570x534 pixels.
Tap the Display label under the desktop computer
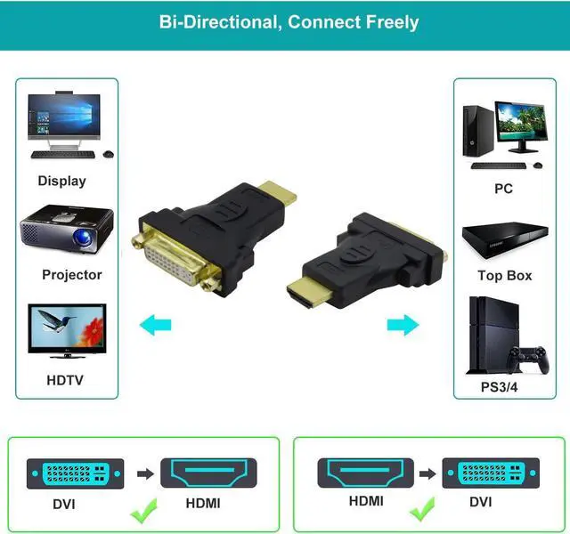pyautogui.click(x=61, y=181)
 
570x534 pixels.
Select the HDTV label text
pyautogui.click(x=65, y=380)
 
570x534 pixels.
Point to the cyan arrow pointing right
pyautogui.click(x=403, y=323)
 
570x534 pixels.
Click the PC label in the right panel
pyautogui.click(x=504, y=189)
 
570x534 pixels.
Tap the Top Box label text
pyautogui.click(x=504, y=275)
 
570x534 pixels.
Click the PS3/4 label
pyautogui.click(x=504, y=387)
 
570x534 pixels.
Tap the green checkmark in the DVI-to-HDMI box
pyautogui.click(x=144, y=512)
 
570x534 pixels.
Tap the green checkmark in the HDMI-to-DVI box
pyautogui.click(x=424, y=512)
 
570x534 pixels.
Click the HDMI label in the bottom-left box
pyautogui.click(x=202, y=503)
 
